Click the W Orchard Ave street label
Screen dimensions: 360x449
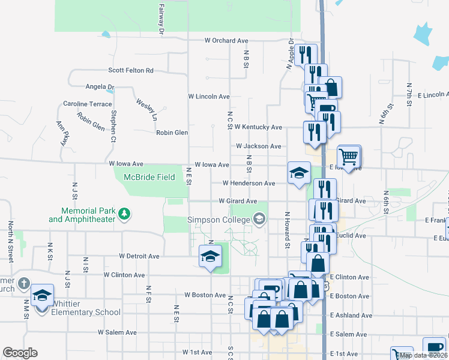226,41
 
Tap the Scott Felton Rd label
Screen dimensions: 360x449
130,70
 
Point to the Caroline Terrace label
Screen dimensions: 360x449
88,104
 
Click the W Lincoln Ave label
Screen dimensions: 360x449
209,96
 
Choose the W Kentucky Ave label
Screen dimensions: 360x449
258,127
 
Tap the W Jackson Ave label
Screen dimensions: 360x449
258,146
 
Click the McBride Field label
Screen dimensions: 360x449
149,177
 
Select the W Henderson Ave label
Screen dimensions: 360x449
249,183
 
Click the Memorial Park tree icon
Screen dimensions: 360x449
124,213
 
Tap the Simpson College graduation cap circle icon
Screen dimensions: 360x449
259,218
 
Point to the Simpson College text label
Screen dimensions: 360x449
218,220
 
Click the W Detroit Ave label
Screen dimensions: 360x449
139,256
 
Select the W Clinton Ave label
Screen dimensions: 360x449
124,275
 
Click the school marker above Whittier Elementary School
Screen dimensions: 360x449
42,296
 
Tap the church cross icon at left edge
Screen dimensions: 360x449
23,283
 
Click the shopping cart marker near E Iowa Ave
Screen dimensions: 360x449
348,157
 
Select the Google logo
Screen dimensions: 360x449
20,353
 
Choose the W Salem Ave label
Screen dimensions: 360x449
117,332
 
